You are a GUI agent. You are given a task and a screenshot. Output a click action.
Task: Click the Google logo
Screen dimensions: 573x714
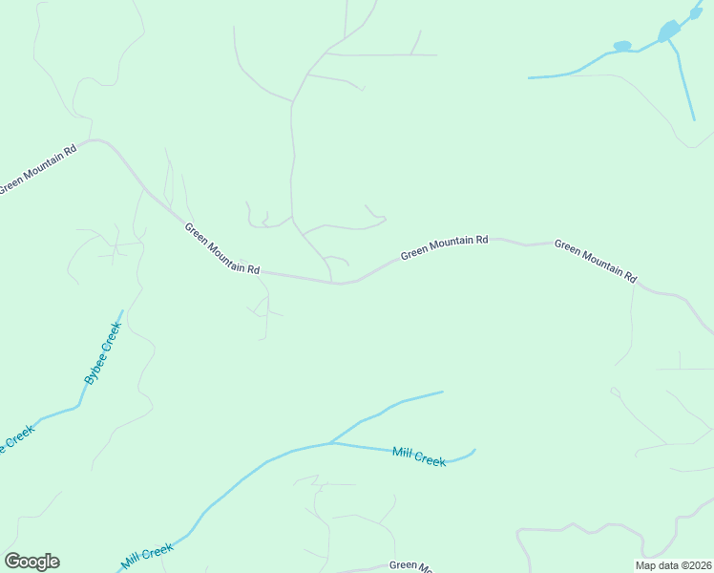(31, 562)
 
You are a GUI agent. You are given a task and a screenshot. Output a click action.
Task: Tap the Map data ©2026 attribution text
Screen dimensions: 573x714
(673, 564)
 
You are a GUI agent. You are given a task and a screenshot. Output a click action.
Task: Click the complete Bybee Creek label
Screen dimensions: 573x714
(103, 353)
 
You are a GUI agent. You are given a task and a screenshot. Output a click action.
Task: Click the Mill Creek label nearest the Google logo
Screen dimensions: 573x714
(147, 557)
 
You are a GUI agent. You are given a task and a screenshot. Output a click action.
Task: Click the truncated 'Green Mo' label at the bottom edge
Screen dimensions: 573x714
(411, 565)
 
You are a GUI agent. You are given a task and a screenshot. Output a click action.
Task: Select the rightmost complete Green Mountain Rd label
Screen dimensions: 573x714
(595, 260)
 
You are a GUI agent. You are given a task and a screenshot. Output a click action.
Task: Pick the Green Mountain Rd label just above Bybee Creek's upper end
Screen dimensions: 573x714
(221, 248)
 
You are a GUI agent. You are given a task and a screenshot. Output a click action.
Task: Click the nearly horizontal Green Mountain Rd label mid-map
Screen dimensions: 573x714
(444, 247)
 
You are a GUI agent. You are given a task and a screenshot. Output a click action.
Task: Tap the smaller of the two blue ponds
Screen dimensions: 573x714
(622, 46)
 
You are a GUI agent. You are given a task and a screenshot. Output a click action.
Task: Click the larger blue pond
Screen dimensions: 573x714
(669, 31)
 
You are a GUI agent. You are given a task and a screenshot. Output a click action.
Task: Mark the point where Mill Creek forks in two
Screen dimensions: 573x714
(330, 443)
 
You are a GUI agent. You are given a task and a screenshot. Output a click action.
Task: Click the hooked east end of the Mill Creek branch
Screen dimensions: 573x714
(474, 450)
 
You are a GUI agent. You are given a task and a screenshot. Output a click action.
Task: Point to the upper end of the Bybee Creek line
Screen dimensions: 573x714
(123, 310)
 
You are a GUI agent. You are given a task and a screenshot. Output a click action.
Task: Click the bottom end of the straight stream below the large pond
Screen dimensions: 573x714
(694, 120)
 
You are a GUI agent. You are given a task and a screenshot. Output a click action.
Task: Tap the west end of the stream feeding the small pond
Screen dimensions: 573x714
(529, 77)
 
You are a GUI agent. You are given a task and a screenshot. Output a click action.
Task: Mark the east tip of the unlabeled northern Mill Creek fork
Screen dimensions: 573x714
(443, 392)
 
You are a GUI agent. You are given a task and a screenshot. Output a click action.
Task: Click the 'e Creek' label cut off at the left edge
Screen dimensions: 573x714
(16, 439)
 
